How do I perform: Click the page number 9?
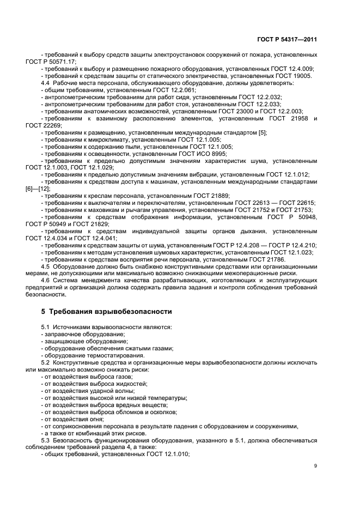[315, 466]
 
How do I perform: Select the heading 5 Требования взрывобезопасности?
[106, 312]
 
